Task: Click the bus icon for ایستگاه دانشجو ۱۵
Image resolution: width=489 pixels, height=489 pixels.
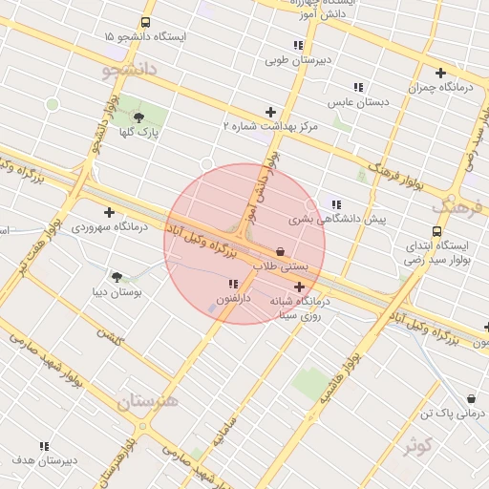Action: click(x=145, y=22)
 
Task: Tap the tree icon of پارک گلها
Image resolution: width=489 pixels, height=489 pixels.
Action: click(x=139, y=117)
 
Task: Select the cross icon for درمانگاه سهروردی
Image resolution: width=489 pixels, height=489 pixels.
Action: click(x=109, y=212)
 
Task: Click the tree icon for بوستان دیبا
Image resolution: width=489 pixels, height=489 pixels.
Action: click(x=117, y=277)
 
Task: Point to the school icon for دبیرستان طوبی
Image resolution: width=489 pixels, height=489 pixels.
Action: click(x=298, y=45)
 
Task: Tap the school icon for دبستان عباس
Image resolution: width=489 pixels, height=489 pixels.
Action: click(x=358, y=87)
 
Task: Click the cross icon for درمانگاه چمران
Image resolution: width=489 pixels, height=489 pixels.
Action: click(x=440, y=73)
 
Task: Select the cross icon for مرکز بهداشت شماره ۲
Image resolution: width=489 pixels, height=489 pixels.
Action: click(x=270, y=112)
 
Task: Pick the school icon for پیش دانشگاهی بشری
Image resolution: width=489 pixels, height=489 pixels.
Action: click(x=335, y=203)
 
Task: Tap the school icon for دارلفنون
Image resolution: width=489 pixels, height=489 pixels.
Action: click(x=233, y=284)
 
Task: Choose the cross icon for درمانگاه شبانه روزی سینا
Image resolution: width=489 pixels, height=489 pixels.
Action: click(x=299, y=287)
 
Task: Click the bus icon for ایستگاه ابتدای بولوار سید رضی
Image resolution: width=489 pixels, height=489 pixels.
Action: click(x=437, y=231)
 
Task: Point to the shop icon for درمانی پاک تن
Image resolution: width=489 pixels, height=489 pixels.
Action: click(x=471, y=399)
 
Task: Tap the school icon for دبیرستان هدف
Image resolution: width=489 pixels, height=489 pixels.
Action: click(x=44, y=446)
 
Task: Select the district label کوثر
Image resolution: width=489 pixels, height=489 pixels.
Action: click(x=417, y=444)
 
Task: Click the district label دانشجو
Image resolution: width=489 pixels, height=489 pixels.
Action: click(x=127, y=70)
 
